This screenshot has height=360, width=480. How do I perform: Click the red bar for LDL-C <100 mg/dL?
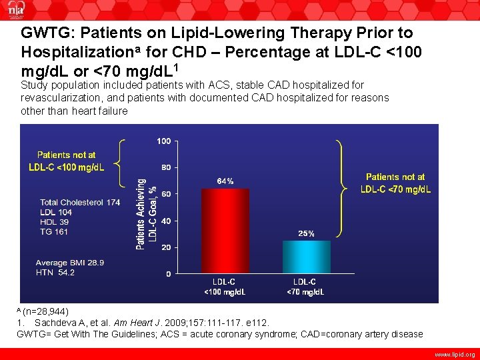pos(225,231)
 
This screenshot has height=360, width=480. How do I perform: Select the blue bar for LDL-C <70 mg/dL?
pos(307,257)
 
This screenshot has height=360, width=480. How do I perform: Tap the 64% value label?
pos(225,181)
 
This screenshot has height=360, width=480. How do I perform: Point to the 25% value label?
pos(307,233)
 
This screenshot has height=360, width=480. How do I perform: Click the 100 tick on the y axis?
pos(163,141)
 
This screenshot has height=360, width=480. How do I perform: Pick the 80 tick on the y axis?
pos(165,167)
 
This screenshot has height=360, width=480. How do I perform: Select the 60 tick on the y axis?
pos(165,194)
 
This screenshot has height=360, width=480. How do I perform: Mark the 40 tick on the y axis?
pos(165,221)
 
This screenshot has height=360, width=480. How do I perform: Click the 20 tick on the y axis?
pos(165,247)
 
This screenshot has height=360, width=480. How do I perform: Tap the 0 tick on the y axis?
pos(168,274)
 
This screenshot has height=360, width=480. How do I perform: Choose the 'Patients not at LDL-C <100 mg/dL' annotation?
pos(66,161)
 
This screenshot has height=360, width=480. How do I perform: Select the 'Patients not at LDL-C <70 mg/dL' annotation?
pos(395,183)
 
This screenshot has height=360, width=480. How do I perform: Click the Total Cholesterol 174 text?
pos(80,202)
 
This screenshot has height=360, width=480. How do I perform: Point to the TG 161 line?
pos(54,232)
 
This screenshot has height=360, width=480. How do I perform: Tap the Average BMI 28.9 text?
pos(69,263)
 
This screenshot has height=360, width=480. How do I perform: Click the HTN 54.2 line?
pos(55,273)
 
